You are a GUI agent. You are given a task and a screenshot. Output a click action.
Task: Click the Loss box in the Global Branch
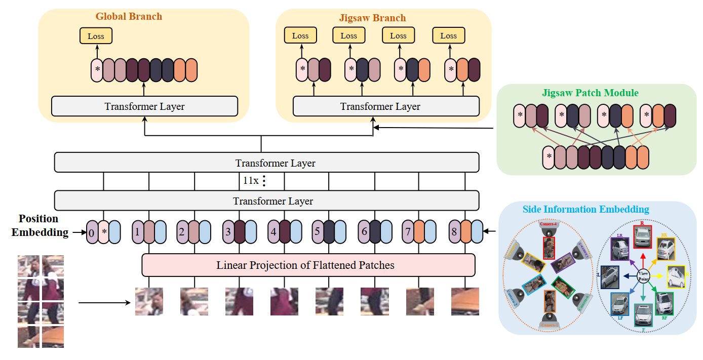(x=96, y=36)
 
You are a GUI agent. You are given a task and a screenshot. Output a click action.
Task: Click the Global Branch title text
(x=129, y=16)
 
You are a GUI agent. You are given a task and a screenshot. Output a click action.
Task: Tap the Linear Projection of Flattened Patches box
(x=308, y=265)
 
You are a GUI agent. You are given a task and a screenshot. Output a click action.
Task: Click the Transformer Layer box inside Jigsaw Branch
(x=386, y=106)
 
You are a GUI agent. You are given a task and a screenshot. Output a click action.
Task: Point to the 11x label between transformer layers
(x=251, y=180)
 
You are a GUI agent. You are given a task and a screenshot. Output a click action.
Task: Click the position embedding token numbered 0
(x=92, y=232)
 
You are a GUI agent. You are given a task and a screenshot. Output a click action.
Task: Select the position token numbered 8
(x=454, y=232)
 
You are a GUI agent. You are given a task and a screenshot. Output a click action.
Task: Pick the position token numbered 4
(x=273, y=232)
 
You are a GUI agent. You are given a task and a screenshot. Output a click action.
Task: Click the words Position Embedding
(x=38, y=226)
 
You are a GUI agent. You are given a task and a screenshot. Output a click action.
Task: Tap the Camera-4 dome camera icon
(x=549, y=231)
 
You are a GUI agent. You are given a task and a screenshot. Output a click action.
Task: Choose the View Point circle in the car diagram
(x=643, y=275)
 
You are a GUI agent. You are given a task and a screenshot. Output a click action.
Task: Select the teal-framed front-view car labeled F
(x=643, y=314)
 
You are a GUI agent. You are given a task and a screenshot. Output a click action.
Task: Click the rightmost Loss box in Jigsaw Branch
(x=448, y=36)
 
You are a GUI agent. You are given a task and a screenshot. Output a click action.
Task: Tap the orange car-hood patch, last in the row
(x=465, y=301)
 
